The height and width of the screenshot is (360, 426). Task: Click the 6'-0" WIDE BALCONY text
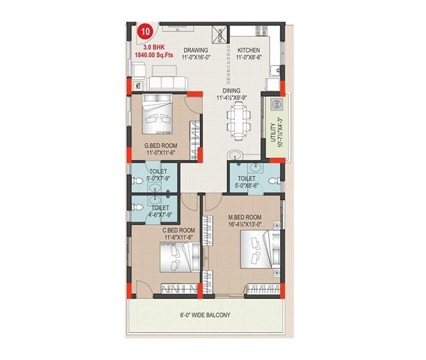click(x=206, y=315)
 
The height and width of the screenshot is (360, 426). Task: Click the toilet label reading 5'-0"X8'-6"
click(x=247, y=182)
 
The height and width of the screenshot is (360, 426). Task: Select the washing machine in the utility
click(x=277, y=104)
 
